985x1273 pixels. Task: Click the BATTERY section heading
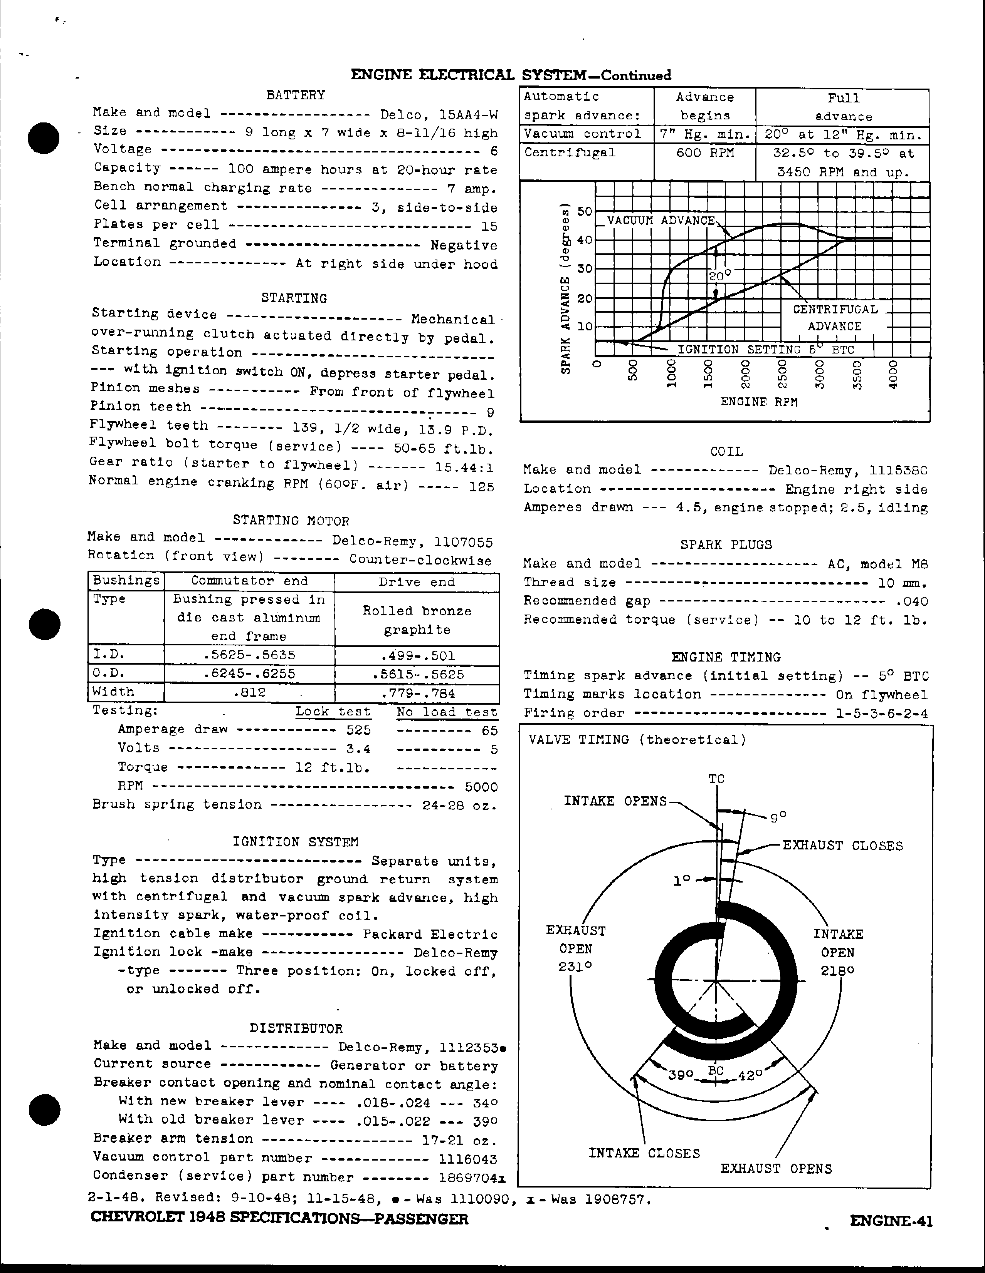coord(296,95)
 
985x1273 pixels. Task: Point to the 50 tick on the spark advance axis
coord(584,211)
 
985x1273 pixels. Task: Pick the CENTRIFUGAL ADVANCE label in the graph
coord(835,318)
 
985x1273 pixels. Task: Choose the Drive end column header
coord(417,582)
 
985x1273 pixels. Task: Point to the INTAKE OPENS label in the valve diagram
coord(615,801)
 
